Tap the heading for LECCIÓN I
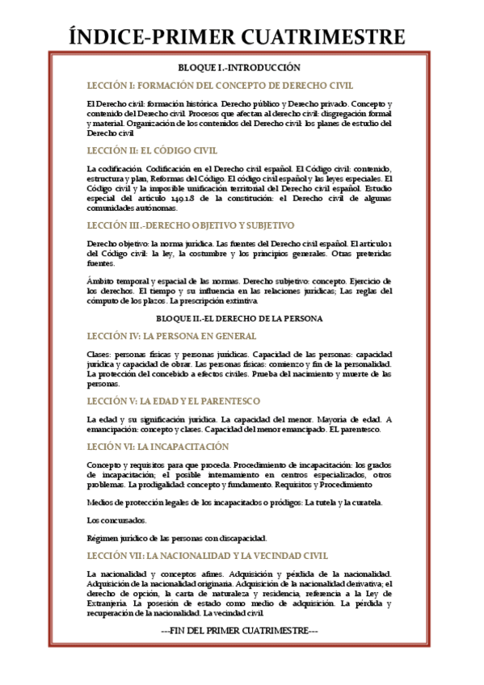tap(220, 86)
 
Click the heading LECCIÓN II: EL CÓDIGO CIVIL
tap(152, 150)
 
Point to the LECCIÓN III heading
tap(191, 225)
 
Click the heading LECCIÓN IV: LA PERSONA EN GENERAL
tap(171, 336)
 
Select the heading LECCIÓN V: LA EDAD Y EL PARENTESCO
tap(173, 401)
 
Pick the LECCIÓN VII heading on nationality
tap(207, 556)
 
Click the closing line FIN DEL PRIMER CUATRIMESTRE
tap(240, 629)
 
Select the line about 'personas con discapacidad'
tap(176, 537)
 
